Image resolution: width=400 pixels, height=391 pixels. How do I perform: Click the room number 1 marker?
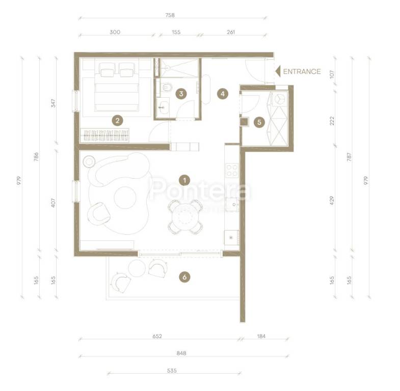pos(184,180)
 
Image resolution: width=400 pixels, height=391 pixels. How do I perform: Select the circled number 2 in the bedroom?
pos(117,121)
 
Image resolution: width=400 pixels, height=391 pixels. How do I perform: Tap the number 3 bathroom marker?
pos(181,94)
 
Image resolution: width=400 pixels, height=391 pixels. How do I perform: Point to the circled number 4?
pos(223,94)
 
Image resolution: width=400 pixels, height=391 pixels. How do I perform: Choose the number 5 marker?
pos(259,122)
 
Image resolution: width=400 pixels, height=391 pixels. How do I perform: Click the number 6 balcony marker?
pos(184,277)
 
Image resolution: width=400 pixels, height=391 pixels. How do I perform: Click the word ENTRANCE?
pos(302,72)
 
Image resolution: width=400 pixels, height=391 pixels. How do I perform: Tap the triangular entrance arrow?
pos(278,71)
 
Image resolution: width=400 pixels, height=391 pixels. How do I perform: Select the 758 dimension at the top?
pos(170,15)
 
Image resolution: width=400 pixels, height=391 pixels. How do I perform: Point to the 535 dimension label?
pos(172,371)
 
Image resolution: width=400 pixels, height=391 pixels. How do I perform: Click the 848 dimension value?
pos(181,353)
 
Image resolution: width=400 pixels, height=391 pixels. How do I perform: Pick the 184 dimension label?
pos(261,336)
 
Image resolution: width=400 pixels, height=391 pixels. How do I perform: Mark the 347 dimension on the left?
pos(53,103)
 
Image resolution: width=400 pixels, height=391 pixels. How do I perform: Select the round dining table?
pos(185,217)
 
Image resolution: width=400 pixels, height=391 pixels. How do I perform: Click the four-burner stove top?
pos(232,170)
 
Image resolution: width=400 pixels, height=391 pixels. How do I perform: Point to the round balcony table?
pos(137,268)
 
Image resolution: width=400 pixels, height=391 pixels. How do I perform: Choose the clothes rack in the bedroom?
pos(104,135)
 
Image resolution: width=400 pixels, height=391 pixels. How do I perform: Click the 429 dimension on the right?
pos(332,201)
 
